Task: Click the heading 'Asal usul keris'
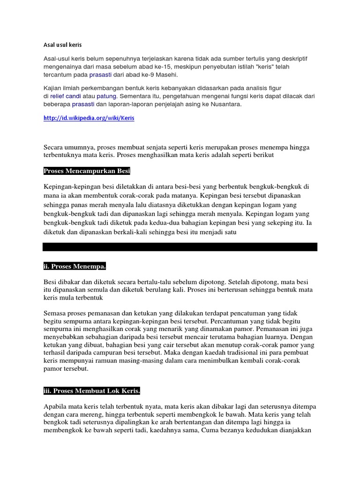pos(63,45)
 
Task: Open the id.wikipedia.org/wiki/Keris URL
pos(89,118)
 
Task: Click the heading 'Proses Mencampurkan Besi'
pos(87,170)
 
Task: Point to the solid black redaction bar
pos(180,247)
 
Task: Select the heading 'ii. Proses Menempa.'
pos(75,267)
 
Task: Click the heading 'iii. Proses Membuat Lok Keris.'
pos(92,390)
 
